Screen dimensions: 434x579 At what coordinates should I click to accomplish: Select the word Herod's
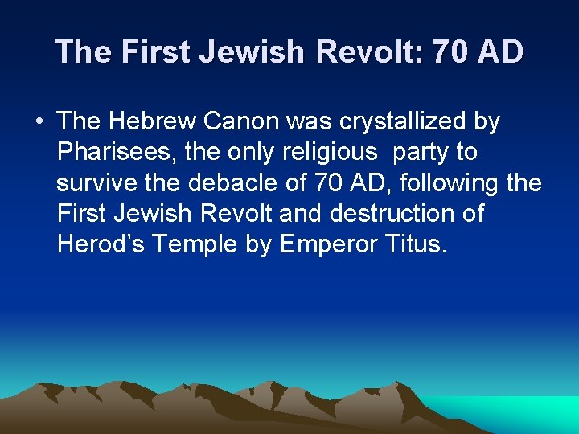pyautogui.click(x=101, y=244)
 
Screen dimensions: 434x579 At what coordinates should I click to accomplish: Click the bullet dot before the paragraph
pyautogui.click(x=39, y=122)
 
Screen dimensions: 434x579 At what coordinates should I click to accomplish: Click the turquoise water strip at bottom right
pyautogui.click(x=531, y=413)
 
